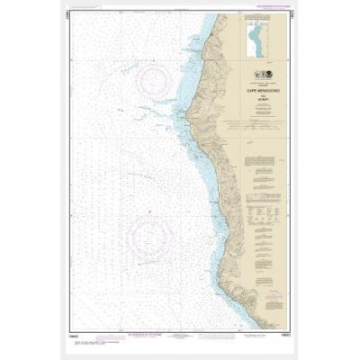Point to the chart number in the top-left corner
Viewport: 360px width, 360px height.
click(x=68, y=16)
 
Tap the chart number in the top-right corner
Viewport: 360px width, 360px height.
click(x=291, y=16)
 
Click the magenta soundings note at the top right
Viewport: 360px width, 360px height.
click(x=261, y=11)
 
